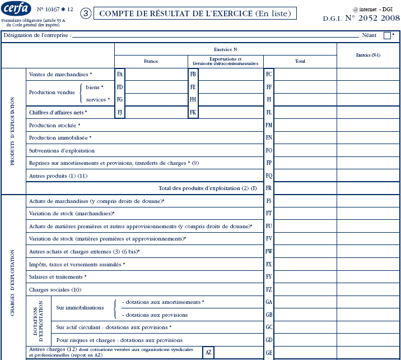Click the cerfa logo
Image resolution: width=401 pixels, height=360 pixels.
[17, 10]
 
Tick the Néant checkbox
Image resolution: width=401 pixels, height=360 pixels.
[387, 35]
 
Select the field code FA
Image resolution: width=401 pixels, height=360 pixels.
[120, 74]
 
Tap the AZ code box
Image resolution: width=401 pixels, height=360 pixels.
[208, 352]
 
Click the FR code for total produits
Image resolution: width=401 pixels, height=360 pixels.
[269, 188]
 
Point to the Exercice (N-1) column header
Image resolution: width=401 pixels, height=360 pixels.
[368, 55]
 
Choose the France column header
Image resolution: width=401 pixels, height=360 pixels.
[151, 61]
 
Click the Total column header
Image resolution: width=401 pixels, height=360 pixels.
[300, 61]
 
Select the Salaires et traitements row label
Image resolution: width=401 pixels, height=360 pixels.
[58, 277]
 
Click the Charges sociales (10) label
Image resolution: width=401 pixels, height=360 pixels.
[55, 290]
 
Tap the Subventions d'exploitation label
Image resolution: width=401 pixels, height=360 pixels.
[62, 150]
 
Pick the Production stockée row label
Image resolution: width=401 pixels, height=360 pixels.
[55, 125]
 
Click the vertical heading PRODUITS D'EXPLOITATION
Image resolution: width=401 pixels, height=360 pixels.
[13, 131]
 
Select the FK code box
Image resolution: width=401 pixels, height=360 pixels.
[193, 112]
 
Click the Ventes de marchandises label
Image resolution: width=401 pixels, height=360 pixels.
[60, 74]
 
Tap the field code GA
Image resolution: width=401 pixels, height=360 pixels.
[269, 302]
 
